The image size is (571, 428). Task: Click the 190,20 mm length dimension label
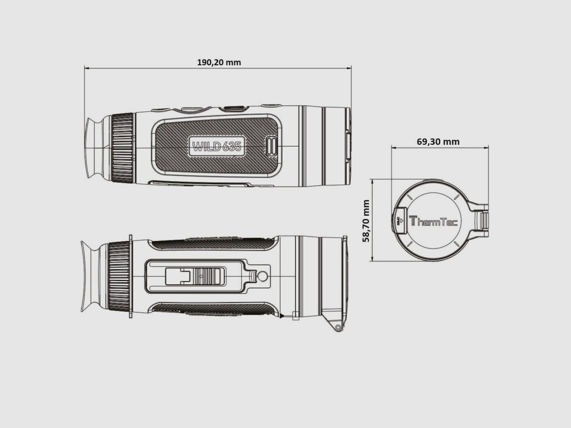(219, 62)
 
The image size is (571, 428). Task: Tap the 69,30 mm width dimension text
(438, 142)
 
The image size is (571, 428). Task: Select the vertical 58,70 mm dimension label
(366, 221)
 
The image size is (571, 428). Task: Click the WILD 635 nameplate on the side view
(217, 146)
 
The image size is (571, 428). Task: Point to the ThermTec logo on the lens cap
(433, 221)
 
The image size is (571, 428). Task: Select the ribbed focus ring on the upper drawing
(122, 148)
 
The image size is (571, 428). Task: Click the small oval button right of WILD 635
(272, 146)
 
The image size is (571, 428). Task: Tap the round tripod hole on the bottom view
(262, 276)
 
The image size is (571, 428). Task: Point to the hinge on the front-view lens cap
(483, 221)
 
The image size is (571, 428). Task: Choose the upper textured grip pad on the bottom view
(213, 244)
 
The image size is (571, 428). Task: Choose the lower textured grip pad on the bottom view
(213, 309)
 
